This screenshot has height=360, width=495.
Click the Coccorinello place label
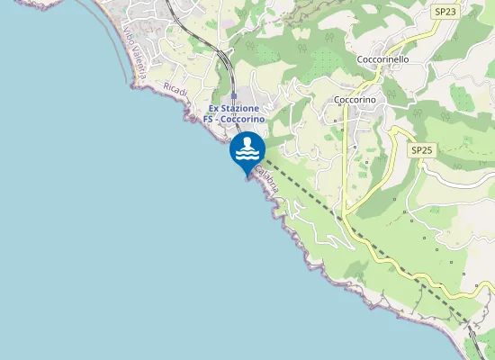point(382,58)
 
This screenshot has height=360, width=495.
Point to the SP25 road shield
point(422,150)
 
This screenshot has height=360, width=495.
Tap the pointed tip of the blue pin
point(246,177)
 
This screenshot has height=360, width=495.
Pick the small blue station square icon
point(233,95)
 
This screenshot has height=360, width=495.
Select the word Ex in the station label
point(214,108)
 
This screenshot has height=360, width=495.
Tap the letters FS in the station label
point(208,119)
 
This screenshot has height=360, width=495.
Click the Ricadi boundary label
point(175,89)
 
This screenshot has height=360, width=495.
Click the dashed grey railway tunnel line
point(360,235)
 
